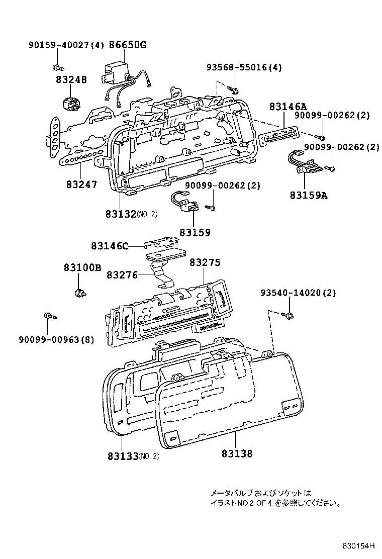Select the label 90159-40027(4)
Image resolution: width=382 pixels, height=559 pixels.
[x=65, y=45]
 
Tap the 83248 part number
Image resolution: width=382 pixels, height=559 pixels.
[x=71, y=79]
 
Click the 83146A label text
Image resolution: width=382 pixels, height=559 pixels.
[x=288, y=107]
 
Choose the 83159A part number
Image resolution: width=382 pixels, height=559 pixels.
[x=308, y=195]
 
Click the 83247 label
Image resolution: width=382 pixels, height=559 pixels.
[x=81, y=184]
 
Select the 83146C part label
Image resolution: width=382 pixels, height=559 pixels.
[x=110, y=246]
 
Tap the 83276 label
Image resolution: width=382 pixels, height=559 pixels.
[x=122, y=274]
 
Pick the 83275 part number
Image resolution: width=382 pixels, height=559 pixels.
[x=205, y=262]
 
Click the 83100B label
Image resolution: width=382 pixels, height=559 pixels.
[x=82, y=267]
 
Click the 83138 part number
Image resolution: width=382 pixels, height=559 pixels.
[x=236, y=454]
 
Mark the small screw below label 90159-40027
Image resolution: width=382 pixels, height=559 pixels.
[x=57, y=66]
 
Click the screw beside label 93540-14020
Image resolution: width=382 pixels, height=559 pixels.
[x=290, y=315]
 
